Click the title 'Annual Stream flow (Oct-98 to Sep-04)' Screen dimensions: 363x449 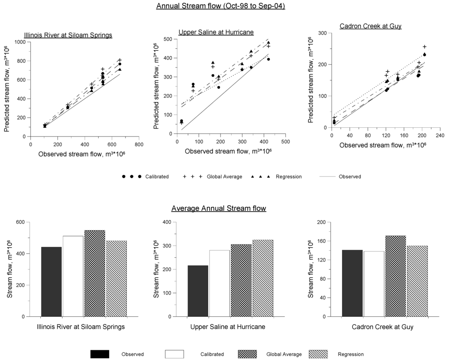click(x=221, y=7)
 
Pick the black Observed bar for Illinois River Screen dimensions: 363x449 click(x=51, y=281)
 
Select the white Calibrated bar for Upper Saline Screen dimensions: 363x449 click(x=219, y=283)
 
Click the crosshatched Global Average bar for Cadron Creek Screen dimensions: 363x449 click(x=395, y=276)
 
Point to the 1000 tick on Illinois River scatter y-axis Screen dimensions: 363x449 click(x=20, y=42)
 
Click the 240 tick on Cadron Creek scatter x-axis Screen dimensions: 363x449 click(x=440, y=136)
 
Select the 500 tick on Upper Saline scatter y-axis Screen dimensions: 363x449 click(x=166, y=39)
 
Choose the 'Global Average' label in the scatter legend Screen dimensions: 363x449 click(x=224, y=176)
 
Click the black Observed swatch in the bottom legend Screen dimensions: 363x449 click(x=100, y=354)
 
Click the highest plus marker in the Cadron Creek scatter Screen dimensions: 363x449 click(x=424, y=47)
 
